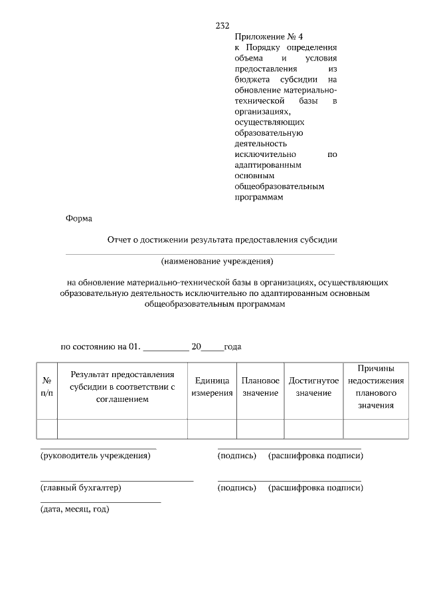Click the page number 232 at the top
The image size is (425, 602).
coord(222,26)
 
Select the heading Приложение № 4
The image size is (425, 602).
coord(264,37)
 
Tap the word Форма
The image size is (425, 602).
coord(79,218)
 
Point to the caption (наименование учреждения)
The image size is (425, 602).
coord(216,261)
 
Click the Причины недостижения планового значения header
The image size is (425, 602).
coord(376,386)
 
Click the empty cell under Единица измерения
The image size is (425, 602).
coord(212,429)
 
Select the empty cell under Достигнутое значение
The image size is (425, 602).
coord(313,429)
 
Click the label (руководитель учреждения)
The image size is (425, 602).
coord(96,456)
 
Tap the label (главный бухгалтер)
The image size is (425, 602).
coord(81,488)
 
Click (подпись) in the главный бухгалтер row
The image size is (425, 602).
coord(237,488)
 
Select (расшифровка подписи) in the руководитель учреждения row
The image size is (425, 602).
coord(315,456)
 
